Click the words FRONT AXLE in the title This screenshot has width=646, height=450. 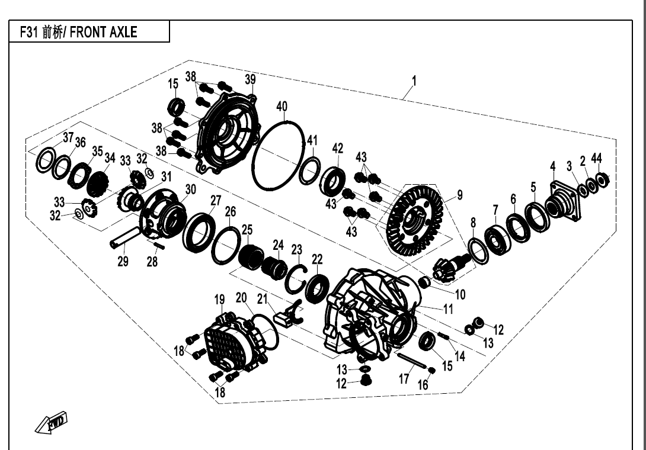coord(104,32)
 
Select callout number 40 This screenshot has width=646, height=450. coord(282,107)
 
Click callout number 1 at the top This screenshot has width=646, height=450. coord(414,81)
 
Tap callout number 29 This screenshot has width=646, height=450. coord(123,261)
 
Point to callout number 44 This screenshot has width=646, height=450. coord(596,158)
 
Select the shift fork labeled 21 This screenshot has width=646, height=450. coord(289,311)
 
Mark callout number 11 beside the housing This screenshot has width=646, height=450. coord(448,308)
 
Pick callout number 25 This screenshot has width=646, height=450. coord(247,229)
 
